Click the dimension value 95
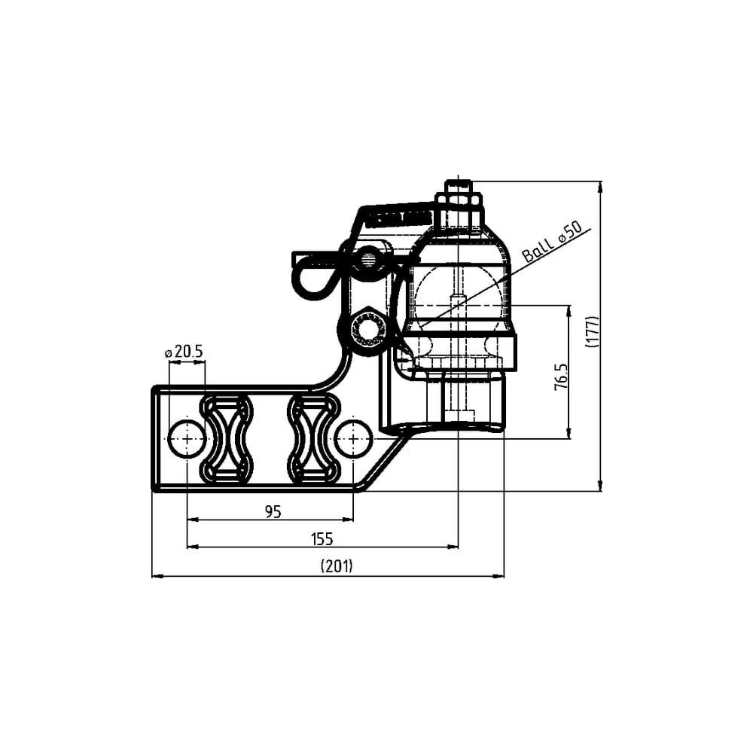click(273, 512)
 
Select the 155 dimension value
click(322, 539)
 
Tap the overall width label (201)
click(337, 567)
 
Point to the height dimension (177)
click(593, 331)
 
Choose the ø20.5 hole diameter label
click(184, 352)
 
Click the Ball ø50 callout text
click(552, 242)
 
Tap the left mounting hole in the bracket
click(187, 439)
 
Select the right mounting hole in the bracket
click(353, 439)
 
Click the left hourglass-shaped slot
click(226, 438)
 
